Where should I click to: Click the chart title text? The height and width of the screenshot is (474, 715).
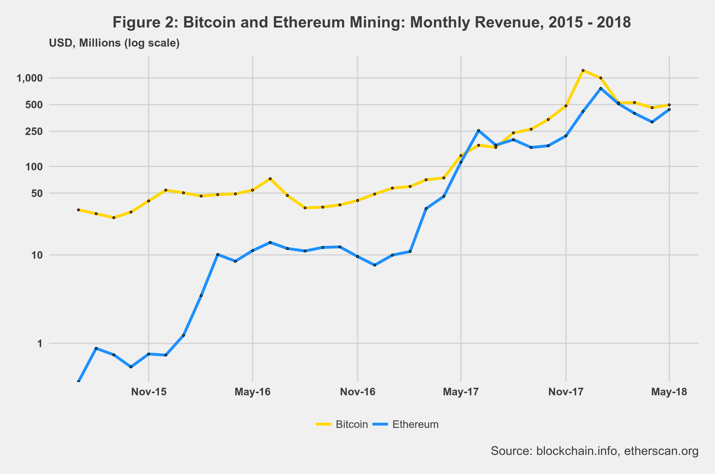tap(372, 22)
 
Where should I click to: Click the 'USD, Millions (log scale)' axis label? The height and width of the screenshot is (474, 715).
tap(114, 43)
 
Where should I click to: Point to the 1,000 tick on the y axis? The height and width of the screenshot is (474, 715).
tap(30, 78)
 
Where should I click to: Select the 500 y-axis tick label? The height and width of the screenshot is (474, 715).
tap(34, 105)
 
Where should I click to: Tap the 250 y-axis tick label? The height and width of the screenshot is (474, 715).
tap(34, 132)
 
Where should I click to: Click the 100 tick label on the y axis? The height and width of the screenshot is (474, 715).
tap(34, 167)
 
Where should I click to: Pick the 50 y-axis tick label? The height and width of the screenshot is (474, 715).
tap(37, 193)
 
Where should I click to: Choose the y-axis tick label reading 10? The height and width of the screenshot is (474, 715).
tap(37, 255)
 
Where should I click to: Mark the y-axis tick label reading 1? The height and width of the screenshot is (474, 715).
tap(40, 344)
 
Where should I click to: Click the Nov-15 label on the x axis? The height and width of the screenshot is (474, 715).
tap(149, 392)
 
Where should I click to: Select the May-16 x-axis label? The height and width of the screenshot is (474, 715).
tap(253, 392)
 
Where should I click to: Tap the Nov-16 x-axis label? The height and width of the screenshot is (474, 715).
tap(358, 392)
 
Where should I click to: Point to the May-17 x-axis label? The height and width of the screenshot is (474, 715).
tap(461, 392)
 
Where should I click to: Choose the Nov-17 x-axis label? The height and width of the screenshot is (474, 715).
tap(566, 392)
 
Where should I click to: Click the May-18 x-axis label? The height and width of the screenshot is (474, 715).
tap(669, 392)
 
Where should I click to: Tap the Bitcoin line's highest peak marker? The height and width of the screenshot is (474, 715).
tap(583, 70)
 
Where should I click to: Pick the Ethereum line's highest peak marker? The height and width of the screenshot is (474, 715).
tap(601, 89)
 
